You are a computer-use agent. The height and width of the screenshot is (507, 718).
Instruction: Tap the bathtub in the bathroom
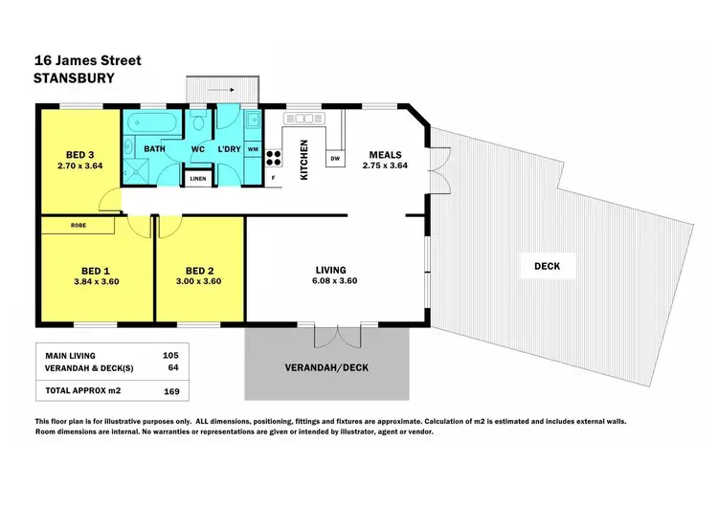[x=154, y=122]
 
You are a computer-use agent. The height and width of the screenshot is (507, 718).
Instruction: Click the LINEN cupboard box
[x=198, y=179]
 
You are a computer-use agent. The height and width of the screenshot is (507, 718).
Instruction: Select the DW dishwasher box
[x=335, y=158]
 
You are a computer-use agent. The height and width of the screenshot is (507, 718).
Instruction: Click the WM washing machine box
[x=253, y=150]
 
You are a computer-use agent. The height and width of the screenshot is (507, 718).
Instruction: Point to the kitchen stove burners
[x=273, y=155]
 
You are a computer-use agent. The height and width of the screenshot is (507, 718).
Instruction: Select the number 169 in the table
[x=171, y=390]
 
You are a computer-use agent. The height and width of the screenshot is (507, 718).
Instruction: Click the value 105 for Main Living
[x=171, y=356]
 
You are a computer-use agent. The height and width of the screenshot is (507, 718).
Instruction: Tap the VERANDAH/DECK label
[x=326, y=367]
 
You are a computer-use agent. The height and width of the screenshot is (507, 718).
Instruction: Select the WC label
[x=199, y=150]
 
